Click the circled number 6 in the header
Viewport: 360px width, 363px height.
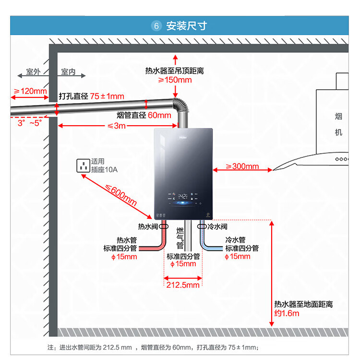156,26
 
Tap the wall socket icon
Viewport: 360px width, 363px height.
83,166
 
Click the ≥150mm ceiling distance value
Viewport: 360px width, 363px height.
175,80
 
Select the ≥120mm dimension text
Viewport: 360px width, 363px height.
30,91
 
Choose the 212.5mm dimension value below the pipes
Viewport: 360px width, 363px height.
182,285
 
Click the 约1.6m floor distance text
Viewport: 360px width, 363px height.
287,313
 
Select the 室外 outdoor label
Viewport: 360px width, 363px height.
33,72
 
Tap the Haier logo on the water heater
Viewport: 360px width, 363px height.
182,135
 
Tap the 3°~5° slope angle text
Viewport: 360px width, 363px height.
30,123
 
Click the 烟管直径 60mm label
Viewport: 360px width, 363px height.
144,116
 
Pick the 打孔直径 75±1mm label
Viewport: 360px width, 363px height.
91,96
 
